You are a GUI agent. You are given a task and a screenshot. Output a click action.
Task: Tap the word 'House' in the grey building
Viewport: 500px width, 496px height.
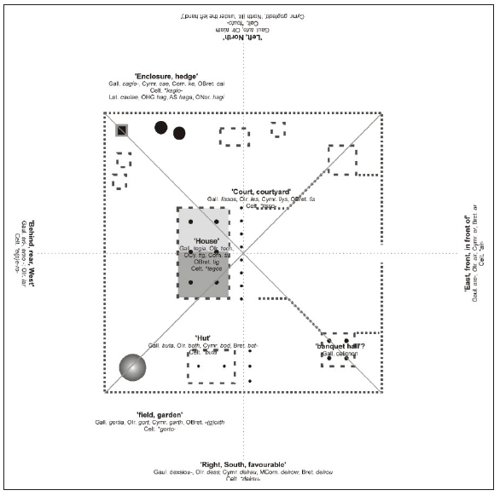pos(206,240)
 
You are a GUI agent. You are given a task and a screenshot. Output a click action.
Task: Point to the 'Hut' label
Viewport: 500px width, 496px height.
pos(203,337)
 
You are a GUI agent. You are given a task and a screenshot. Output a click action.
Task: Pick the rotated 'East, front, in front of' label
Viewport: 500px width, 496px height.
pos(468,254)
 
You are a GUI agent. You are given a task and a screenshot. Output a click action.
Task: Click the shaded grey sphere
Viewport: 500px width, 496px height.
pos(132,367)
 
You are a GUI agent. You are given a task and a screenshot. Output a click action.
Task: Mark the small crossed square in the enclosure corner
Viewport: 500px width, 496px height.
pos(123,130)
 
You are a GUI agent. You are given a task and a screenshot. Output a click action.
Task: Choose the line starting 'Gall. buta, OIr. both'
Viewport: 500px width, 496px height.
pos(203,345)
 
